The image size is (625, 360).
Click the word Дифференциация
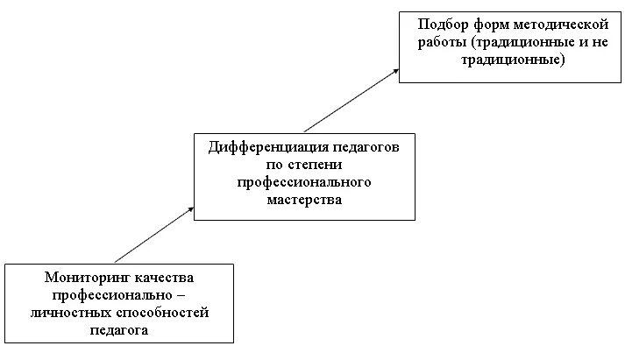coord(261,146)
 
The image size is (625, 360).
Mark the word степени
coord(314,164)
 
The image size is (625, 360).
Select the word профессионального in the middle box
coord(304,182)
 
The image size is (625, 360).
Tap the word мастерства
coord(303,200)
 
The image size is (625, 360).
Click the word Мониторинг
coord(89,277)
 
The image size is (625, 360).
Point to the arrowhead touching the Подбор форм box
coord(394,71)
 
